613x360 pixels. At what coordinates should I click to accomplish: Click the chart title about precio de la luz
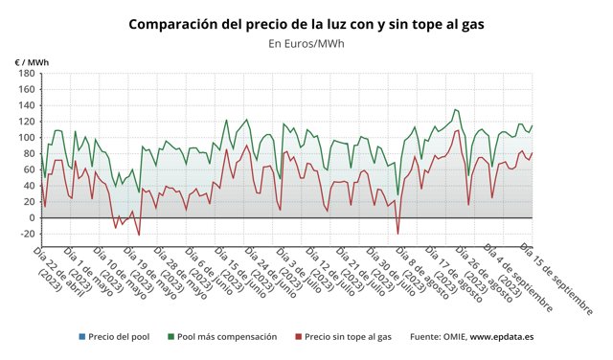(306, 23)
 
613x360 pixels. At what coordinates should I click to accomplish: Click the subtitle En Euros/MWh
(306, 43)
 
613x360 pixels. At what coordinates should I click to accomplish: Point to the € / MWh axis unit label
(32, 63)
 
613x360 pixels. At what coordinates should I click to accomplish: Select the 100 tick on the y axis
(27, 138)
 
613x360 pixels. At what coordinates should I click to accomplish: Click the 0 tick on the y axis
(32, 218)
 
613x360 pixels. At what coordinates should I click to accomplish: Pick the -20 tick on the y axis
(27, 235)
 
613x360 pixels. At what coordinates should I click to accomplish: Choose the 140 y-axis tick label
(27, 106)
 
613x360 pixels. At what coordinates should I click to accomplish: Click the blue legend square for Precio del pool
(85, 337)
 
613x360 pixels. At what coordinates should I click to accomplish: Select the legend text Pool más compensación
(226, 337)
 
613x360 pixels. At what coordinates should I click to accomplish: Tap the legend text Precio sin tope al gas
(350, 337)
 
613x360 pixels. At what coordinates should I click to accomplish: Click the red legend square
(299, 337)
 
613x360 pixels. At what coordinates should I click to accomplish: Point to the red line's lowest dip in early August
(397, 234)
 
